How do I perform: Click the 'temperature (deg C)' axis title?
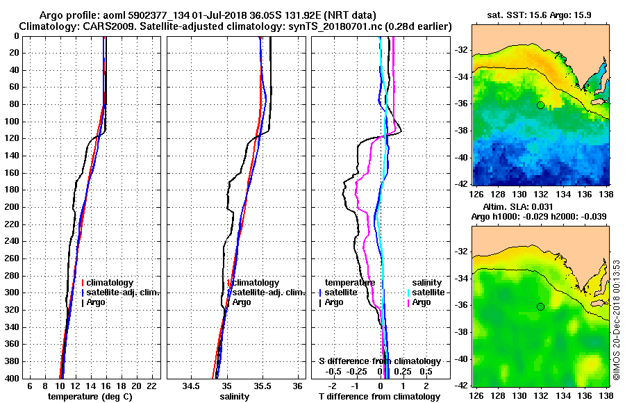pos(90,396)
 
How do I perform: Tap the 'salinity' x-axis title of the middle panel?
pos(235,396)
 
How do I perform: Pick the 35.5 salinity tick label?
pos(262,386)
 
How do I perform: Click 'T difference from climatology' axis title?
pos(380,396)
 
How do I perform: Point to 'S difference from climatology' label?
pos(380,361)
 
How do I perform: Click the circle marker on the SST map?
pos(540,105)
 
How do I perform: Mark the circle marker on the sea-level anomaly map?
pos(540,306)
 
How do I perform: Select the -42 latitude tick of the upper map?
pos(462,183)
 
